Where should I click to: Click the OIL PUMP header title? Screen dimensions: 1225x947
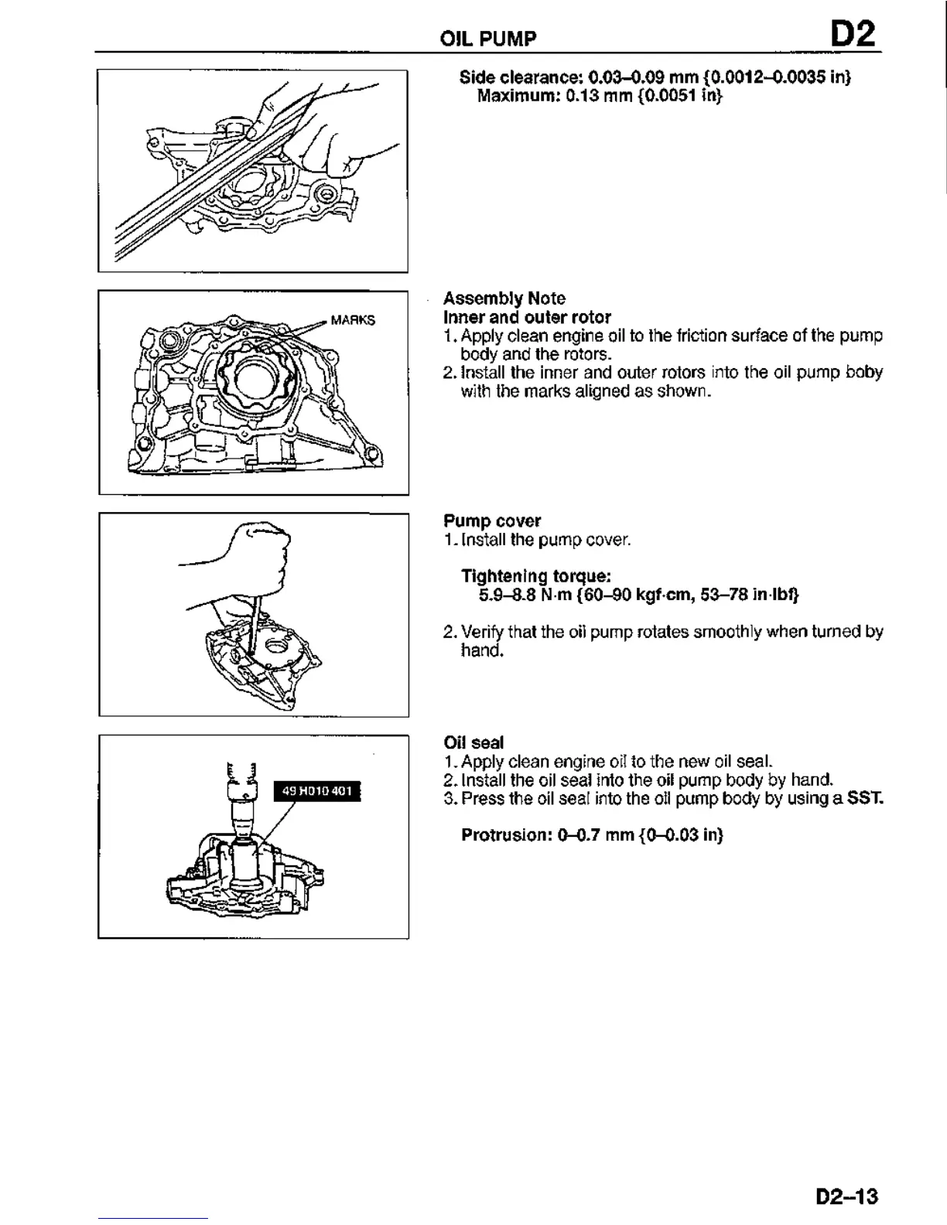pos(487,38)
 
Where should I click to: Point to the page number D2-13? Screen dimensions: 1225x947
pos(847,1196)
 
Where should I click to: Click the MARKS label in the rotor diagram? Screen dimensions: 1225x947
pos(353,320)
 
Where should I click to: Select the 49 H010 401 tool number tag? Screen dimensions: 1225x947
pos(317,790)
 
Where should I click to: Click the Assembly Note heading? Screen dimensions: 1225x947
pos(504,299)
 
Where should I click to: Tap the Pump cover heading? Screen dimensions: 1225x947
pos(492,521)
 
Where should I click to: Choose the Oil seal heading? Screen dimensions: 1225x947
pos(473,743)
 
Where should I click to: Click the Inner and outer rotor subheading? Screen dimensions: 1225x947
pos(527,317)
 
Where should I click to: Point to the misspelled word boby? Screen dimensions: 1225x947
pos(864,372)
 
